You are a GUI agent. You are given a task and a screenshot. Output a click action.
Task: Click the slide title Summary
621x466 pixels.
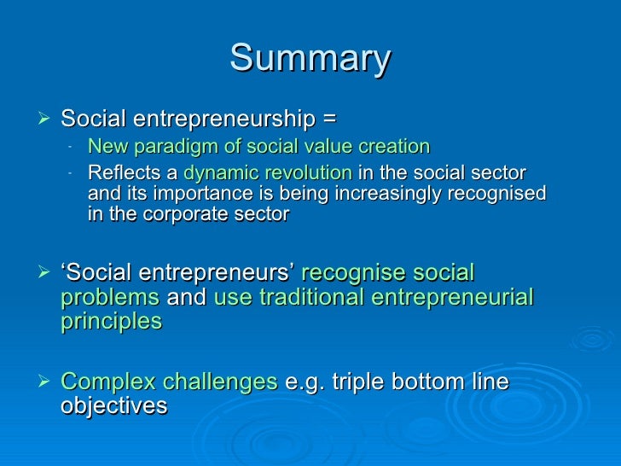tap(310, 59)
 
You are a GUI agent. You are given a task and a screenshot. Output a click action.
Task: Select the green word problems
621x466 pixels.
tap(110, 297)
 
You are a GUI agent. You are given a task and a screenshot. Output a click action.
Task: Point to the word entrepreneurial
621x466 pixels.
tap(454, 297)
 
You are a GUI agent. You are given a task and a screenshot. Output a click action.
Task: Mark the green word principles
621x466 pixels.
tap(111, 321)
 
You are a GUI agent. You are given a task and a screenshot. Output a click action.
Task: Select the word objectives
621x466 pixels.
tap(113, 405)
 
